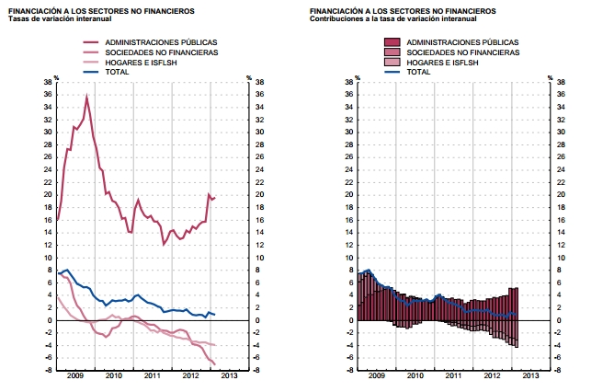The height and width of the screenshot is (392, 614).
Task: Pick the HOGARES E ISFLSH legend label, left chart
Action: point(139,62)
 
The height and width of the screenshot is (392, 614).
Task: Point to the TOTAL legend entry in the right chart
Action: point(418,71)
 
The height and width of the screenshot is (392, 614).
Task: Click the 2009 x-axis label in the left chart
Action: point(75,376)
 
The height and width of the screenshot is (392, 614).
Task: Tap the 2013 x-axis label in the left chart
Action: point(228,376)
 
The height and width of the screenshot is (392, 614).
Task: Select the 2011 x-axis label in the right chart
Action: point(452,376)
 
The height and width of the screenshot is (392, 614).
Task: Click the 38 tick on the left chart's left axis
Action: point(48,82)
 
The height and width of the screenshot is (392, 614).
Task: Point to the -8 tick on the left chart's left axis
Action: point(48,370)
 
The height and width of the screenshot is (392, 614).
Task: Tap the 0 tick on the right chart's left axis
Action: point(350,320)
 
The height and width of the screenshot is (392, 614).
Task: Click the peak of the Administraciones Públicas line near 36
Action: point(87,97)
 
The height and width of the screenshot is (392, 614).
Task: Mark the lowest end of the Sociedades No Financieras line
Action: point(214,365)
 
